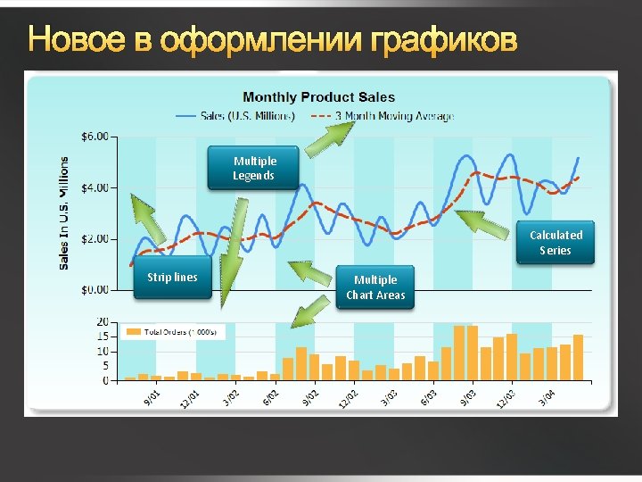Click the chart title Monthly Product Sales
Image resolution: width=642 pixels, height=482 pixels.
tap(318, 97)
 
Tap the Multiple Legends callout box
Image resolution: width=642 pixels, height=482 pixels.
tap(254, 168)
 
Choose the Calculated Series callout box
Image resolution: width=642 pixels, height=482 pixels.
tap(556, 242)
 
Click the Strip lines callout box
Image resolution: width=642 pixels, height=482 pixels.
tap(172, 278)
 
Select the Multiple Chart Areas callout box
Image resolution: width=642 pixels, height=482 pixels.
tap(375, 287)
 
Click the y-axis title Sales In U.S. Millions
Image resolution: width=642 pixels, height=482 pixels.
tap(64, 213)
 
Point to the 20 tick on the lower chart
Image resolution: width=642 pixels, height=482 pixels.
tap(103, 321)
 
